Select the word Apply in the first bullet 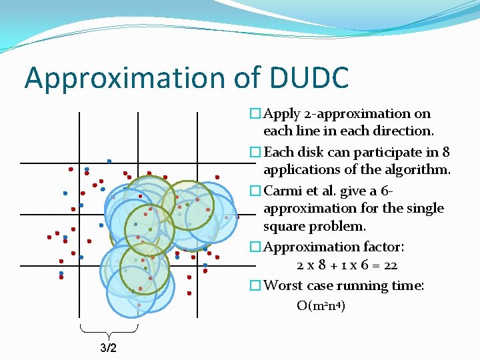tap(282, 113)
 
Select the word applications tap(299, 169)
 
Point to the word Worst tap(283, 285)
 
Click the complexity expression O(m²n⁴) tap(321, 306)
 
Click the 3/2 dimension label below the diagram tap(108, 348)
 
